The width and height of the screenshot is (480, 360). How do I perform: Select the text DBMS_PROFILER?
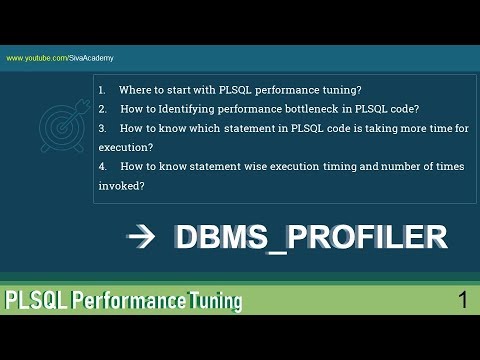coord(310,237)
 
